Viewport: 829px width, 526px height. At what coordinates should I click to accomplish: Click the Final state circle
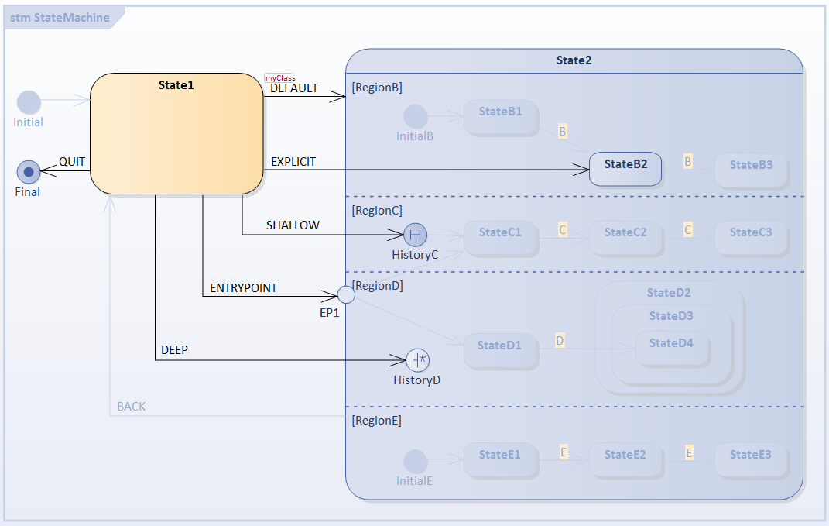point(29,171)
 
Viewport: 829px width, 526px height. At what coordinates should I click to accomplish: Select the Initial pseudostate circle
point(29,102)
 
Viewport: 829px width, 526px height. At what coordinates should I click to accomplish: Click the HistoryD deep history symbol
point(418,359)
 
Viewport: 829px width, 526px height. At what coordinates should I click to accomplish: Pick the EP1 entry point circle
point(346,294)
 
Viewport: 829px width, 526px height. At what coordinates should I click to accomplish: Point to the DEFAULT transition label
point(294,88)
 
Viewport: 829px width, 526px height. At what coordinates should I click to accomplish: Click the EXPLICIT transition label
point(293,162)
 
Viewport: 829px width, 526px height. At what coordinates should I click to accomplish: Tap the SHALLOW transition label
point(293,225)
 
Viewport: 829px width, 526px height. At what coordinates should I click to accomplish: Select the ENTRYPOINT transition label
point(243,288)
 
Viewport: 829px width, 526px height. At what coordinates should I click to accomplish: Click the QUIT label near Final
point(72,162)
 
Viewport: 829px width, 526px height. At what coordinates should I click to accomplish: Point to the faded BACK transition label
point(131,407)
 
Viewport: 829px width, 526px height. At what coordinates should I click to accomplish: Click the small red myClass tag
point(280,77)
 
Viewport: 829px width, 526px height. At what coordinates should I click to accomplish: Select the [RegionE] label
point(376,421)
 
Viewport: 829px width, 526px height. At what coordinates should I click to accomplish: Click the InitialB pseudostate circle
point(416,116)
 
